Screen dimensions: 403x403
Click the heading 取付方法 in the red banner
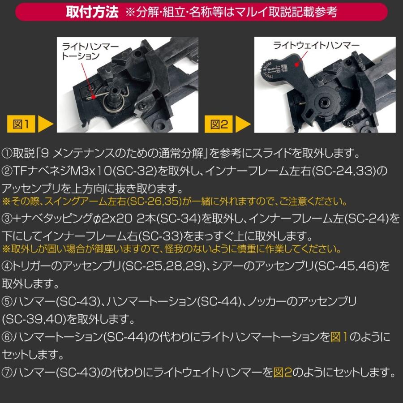click(92, 12)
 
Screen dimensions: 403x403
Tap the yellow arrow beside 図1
click(46, 124)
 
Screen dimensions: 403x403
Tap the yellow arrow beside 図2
click(244, 124)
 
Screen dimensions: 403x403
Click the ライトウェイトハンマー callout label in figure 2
click(316, 45)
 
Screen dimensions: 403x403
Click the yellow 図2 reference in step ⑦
click(283, 372)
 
